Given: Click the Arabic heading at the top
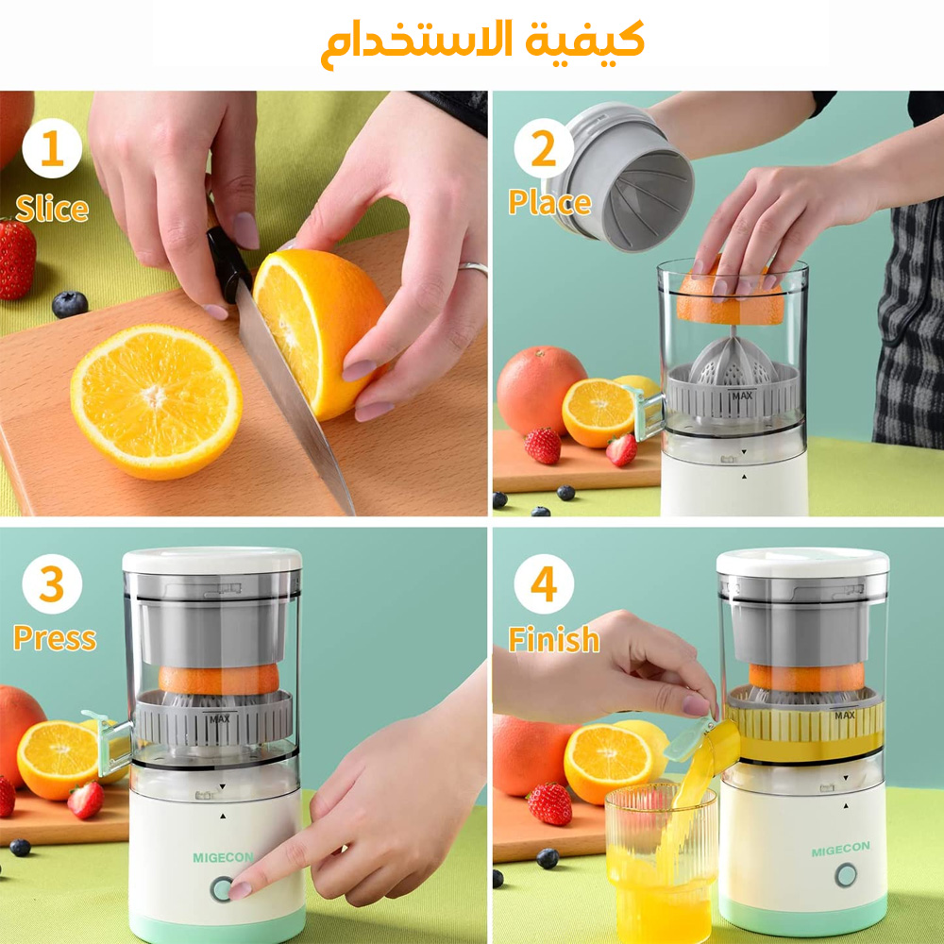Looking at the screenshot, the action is tap(482, 43).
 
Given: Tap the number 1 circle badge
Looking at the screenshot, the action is tap(52, 148).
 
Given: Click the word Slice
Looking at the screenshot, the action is tap(52, 209).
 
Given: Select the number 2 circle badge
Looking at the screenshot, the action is tap(543, 148).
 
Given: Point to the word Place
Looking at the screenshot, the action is tap(549, 202).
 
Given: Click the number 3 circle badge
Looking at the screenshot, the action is tap(52, 583).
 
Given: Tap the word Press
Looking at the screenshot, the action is tap(55, 637).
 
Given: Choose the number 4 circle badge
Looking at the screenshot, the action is tap(543, 583).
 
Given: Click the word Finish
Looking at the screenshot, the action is tap(554, 639).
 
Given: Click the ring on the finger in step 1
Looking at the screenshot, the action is tap(473, 268).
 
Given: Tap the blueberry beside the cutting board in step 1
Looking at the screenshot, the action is tap(70, 304).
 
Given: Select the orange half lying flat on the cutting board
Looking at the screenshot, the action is tap(157, 401).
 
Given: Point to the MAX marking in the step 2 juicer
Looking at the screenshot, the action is tap(742, 396).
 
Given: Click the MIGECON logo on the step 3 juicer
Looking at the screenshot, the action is tap(224, 857).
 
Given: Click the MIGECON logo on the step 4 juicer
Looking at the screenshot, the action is tap(840, 849).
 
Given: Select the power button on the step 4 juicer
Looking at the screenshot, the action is tap(845, 875).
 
